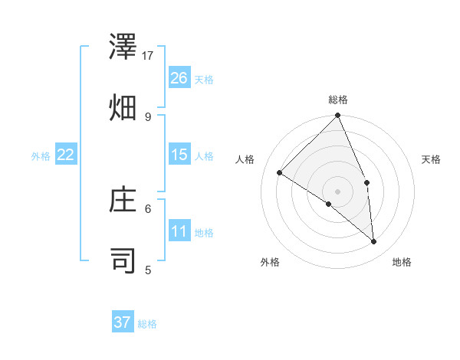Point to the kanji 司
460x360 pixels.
click(123, 260)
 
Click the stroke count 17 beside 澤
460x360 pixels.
click(149, 55)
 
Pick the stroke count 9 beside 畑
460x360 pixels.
click(148, 116)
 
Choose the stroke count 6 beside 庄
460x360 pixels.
click(148, 208)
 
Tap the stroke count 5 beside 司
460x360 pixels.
click(148, 270)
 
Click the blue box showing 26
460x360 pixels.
click(179, 78)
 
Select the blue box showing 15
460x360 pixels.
click(179, 155)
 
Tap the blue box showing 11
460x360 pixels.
click(179, 231)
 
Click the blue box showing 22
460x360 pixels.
click(66, 155)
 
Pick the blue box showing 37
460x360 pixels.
click(123, 322)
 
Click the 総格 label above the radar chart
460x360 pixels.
click(338, 100)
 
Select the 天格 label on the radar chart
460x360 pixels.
click(431, 159)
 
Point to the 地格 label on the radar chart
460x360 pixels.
click(402, 262)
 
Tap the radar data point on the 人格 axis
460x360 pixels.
click(280, 172)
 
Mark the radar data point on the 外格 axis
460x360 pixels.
click(329, 204)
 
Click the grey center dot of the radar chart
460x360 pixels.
click(338, 191)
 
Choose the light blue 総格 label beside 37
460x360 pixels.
click(147, 324)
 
